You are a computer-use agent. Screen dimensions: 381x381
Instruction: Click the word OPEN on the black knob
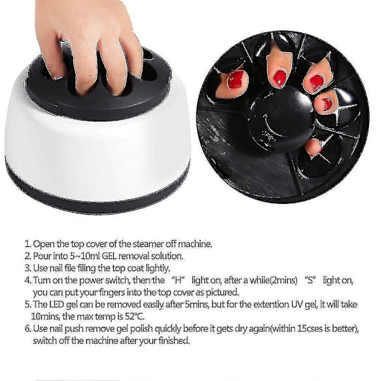tap(269, 136)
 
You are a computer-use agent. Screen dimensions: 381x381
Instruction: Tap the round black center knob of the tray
tap(282, 119)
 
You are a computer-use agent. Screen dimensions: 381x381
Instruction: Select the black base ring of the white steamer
tap(97, 194)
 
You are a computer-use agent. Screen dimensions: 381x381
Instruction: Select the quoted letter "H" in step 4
tap(178, 280)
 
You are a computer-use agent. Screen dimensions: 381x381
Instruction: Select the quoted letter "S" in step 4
tap(310, 280)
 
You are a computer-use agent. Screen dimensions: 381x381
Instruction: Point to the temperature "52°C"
tap(135, 317)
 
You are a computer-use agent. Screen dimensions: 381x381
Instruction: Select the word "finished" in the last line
tap(174, 340)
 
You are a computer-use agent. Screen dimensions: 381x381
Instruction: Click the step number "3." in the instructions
tap(28, 268)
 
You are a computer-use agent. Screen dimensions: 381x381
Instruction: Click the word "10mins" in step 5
tap(46, 317)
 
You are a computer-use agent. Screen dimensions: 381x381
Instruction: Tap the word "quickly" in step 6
tap(168, 329)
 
